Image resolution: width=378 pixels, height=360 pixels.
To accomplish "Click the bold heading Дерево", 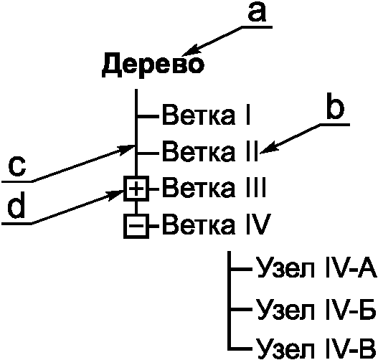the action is [153, 65].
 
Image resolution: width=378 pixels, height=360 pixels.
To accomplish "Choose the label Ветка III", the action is [214, 188].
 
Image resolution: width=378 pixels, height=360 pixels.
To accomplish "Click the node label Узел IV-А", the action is [316, 268].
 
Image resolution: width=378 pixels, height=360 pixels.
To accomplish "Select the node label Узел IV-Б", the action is [316, 309].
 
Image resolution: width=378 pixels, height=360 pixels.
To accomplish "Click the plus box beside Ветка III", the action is [136, 189].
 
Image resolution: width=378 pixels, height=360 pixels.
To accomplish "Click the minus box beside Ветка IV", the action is [136, 226].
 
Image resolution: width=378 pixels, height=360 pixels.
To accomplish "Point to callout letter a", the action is [257, 12].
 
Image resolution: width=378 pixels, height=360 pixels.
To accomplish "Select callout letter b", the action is [335, 109].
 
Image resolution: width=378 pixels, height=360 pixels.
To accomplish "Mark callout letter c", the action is [17, 167].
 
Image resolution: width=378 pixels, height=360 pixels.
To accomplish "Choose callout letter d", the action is [16, 206].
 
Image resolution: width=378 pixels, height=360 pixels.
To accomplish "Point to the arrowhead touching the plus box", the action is [115, 194].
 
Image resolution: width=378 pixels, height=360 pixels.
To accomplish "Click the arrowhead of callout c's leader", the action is [126, 149].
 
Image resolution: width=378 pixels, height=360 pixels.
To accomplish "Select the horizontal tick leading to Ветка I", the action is [148, 117].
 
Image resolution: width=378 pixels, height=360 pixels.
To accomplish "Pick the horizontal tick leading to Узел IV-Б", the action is [242, 309].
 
